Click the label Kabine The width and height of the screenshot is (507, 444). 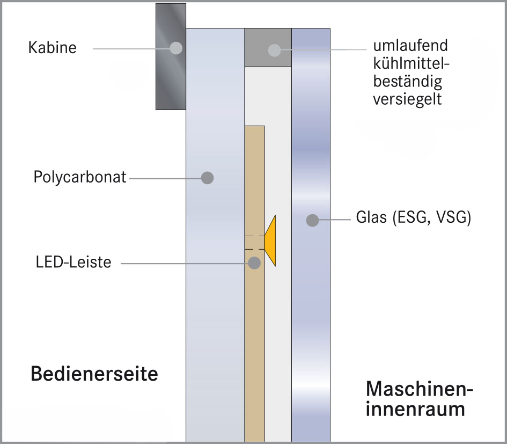tap(52, 48)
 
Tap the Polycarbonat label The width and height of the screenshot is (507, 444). tap(80, 177)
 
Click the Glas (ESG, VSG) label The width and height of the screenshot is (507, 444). tap(413, 219)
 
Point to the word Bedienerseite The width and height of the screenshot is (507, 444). tap(94, 373)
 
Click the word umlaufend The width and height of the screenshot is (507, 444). tap(410, 46)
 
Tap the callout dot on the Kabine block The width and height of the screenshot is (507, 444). tap(175, 48)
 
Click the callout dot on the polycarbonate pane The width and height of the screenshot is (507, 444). tap(207, 177)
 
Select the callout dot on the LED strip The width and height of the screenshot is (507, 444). tap(254, 263)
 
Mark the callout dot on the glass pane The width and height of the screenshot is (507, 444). tap(311, 220)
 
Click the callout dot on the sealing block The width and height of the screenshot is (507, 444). tap(275, 50)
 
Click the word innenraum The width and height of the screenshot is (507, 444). tap(415, 409)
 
